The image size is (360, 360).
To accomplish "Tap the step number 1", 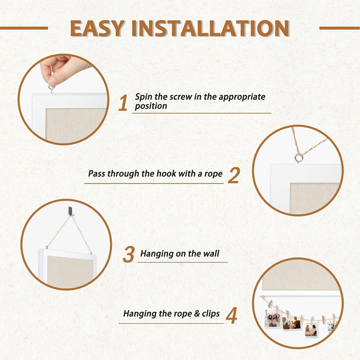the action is pyautogui.click(x=123, y=103).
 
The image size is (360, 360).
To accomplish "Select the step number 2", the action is pyautogui.click(x=234, y=175).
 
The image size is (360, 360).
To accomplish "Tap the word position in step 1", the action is pyautogui.click(x=151, y=106).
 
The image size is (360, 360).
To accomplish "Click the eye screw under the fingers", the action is pyautogui.click(x=51, y=89).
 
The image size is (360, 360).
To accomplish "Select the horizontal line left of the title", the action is pyautogui.click(x=24, y=28).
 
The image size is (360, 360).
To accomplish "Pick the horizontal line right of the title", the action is pyautogui.click(x=340, y=28).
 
